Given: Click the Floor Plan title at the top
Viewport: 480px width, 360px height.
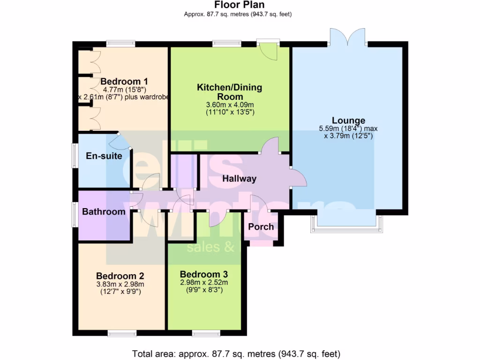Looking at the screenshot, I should (x=240, y=5).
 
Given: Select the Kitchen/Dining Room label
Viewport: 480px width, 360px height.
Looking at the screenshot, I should (x=229, y=92).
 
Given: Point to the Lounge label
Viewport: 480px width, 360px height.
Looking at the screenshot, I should (x=348, y=120).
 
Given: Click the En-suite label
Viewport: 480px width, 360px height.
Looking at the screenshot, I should (x=104, y=156).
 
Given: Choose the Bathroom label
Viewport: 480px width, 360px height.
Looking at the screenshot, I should (x=104, y=211).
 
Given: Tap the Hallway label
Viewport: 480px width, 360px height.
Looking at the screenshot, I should (x=239, y=179).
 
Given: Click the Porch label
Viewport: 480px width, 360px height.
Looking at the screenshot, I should (x=261, y=227).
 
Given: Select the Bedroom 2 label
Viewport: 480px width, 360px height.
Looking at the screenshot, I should (x=120, y=276).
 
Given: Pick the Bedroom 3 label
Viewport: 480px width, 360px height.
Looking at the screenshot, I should (x=203, y=274).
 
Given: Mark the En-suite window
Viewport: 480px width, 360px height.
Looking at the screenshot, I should (x=74, y=155).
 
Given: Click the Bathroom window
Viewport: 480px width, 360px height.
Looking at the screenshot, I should (x=74, y=215).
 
